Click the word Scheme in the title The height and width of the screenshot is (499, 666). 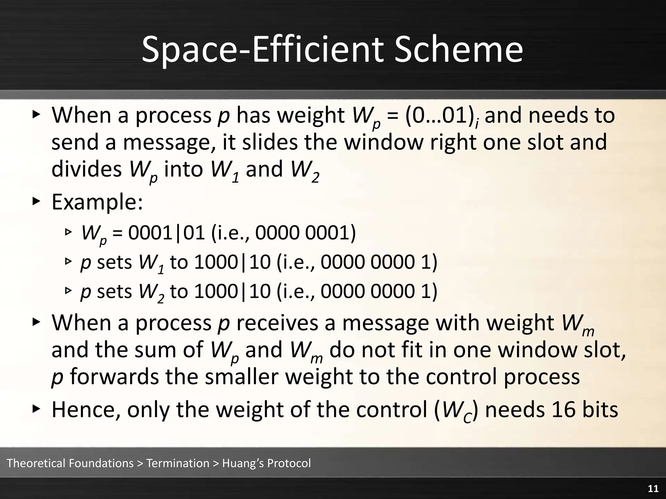[459, 49]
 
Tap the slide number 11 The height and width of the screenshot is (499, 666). [653, 489]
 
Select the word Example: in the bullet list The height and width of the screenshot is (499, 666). [97, 202]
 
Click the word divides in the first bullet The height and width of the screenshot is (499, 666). [87, 169]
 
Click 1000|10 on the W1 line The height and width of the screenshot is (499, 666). [232, 262]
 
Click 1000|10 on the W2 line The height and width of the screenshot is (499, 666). [232, 291]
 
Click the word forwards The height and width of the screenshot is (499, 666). [114, 377]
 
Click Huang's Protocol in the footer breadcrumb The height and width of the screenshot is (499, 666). [266, 463]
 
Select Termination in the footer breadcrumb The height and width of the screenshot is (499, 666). [178, 463]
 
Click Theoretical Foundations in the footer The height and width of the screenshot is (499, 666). [70, 463]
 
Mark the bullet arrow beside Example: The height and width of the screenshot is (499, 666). [36, 201]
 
